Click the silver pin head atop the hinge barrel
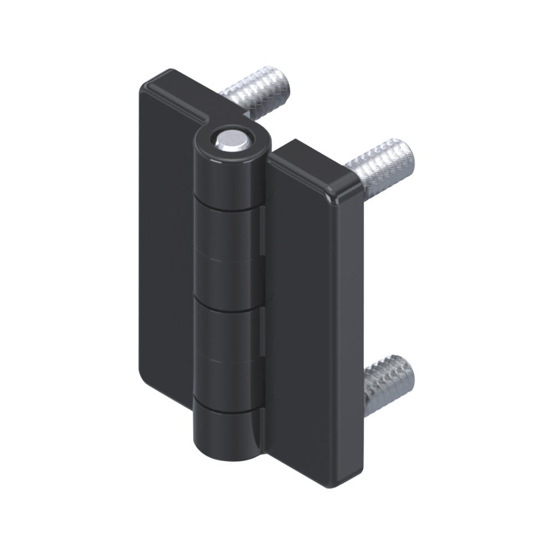(x=232, y=141)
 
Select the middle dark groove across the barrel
(x=228, y=309)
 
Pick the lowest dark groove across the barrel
(x=228, y=410)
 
